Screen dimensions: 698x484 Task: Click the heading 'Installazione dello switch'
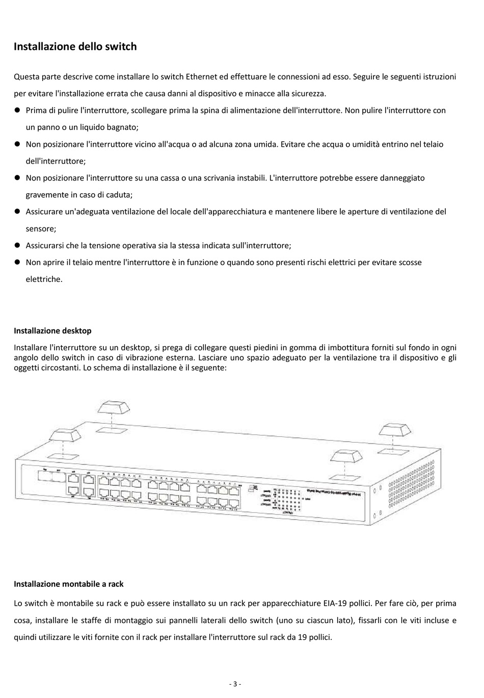(x=75, y=46)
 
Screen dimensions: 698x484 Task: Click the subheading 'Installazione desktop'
(x=52, y=330)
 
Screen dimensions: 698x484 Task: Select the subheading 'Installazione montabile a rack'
(x=68, y=584)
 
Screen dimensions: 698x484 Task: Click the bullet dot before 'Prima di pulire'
(x=17, y=110)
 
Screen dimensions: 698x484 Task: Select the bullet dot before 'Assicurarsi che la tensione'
(x=17, y=245)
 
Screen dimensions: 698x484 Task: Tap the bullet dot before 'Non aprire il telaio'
(x=17, y=262)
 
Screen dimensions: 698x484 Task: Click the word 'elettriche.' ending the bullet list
(x=44, y=279)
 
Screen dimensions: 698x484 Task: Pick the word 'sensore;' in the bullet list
(x=41, y=228)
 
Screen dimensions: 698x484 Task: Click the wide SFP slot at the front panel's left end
(x=51, y=477)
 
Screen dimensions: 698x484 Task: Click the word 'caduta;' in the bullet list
(x=118, y=194)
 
